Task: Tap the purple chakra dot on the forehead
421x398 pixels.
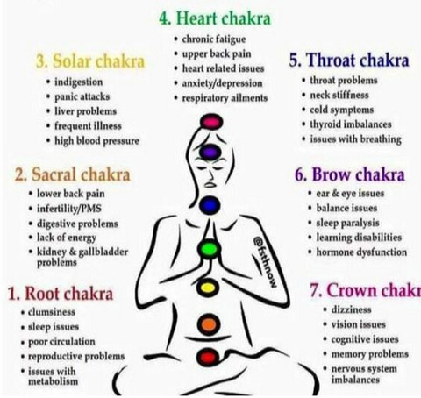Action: point(210,152)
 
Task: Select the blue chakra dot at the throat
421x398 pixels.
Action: point(210,205)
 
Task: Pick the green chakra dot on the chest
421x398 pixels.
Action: point(209,249)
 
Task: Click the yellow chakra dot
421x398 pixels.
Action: point(208,288)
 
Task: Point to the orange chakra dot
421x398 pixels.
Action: point(209,324)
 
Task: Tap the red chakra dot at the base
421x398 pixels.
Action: point(208,357)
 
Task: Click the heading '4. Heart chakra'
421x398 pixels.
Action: point(215,18)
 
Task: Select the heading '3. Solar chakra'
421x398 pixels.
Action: point(90,61)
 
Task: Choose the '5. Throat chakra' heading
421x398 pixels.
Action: point(349,60)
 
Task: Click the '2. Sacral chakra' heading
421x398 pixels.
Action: point(72,174)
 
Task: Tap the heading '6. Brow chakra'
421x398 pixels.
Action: point(350,174)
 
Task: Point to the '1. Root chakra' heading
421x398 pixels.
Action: point(61,293)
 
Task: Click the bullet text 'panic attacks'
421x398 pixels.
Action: point(82,96)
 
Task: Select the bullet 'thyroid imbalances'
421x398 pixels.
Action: point(351,124)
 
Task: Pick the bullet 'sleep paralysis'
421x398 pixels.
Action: point(347,223)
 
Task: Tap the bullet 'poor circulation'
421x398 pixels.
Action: point(61,342)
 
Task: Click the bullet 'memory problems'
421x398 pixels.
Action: point(369,354)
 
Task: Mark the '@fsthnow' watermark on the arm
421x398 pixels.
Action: point(265,261)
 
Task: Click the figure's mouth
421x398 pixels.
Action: point(210,185)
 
